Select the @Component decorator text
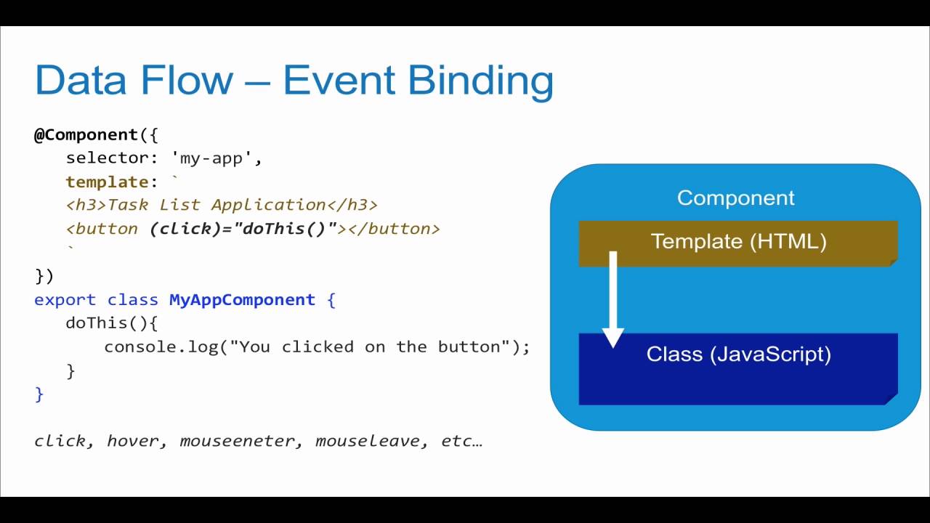tap(86, 135)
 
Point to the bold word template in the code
tap(107, 182)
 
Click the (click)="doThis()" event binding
tap(243, 229)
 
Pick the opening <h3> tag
tap(86, 205)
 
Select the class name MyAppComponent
tap(242, 300)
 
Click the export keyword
tap(65, 300)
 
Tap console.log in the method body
tap(161, 346)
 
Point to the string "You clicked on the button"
tap(370, 346)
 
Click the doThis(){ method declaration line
tap(111, 323)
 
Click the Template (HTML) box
tap(738, 242)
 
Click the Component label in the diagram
tap(735, 198)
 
